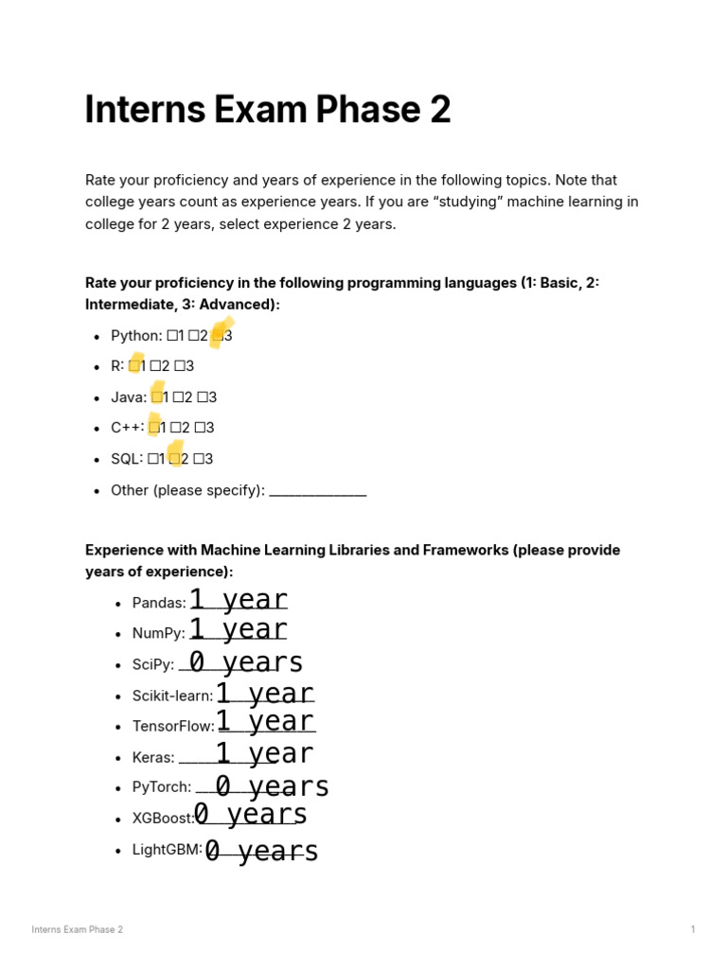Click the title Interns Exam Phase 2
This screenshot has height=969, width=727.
point(268,111)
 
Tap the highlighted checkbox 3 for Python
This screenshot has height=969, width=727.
point(218,335)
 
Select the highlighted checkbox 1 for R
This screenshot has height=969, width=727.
point(134,366)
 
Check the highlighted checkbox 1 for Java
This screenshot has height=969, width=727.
point(157,397)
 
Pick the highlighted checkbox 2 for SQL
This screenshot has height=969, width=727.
point(174,459)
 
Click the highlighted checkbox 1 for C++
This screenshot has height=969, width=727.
point(154,428)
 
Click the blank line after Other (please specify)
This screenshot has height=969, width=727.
point(317,491)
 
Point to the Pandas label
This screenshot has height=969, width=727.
point(159,603)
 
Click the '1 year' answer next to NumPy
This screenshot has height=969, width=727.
point(239,629)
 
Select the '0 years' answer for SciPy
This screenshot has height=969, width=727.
point(246,662)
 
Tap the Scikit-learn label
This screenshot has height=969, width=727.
point(172,696)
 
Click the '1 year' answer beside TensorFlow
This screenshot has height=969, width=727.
point(265,722)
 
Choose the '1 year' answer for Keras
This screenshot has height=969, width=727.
point(264,754)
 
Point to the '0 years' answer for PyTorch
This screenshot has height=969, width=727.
point(272,786)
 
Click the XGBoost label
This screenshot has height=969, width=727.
point(163,819)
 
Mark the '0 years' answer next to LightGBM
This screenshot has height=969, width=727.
point(261,852)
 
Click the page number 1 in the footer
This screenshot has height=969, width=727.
point(693,929)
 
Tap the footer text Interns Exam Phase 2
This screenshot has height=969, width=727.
point(77,929)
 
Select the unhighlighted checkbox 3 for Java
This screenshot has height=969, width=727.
point(203,397)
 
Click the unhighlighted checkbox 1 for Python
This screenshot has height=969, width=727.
point(171,335)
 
